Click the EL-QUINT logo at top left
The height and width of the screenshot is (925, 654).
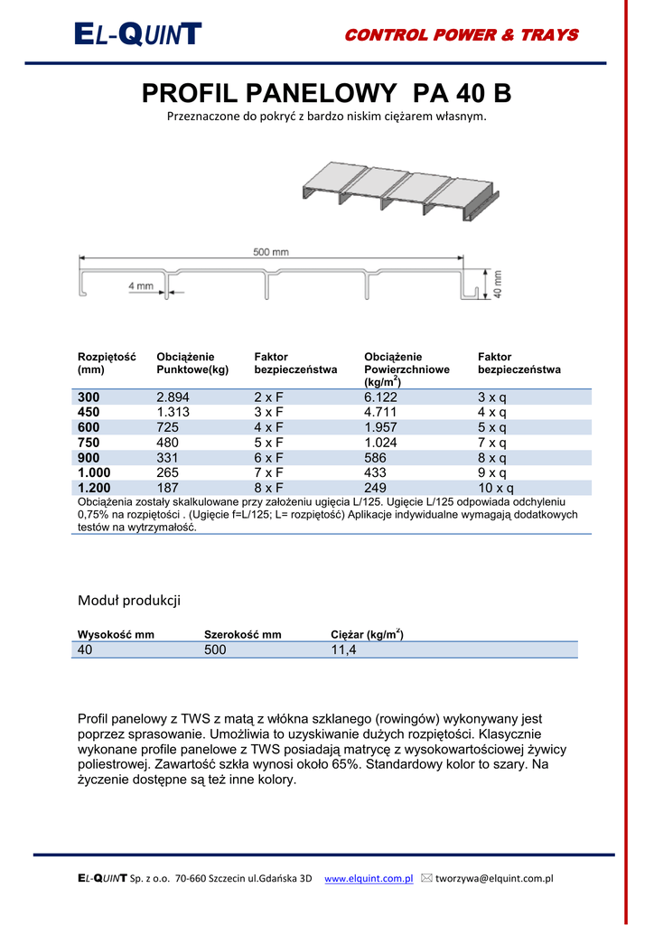138,35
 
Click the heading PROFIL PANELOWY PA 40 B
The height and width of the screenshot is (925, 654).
327,94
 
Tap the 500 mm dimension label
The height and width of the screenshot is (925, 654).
270,253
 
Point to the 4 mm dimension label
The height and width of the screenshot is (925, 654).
140,286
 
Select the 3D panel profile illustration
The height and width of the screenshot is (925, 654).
399,192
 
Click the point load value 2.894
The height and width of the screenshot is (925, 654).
173,397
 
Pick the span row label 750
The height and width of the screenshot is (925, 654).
89,443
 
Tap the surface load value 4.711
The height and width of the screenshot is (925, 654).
381,412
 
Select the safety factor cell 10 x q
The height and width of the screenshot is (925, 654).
494,489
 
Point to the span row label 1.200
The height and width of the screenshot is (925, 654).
95,489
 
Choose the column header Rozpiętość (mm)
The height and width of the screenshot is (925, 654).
106,363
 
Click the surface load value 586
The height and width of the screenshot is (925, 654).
375,458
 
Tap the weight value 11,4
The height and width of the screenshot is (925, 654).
344,649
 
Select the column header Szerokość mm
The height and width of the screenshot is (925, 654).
242,634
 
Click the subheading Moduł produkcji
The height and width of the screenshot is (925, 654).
129,600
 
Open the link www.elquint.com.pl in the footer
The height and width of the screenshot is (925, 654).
369,878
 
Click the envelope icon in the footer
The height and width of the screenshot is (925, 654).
427,877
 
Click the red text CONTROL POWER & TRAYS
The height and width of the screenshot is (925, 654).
462,35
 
